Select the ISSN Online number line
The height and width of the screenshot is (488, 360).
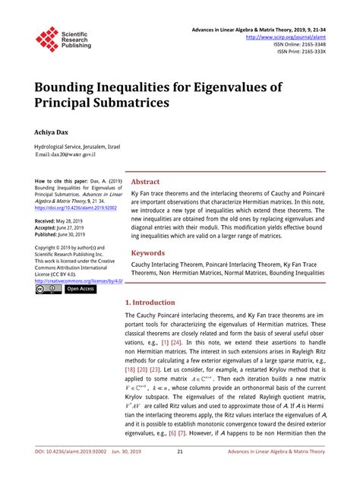pyautogui.click(x=309, y=45)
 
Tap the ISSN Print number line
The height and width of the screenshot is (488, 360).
pyautogui.click(x=312, y=52)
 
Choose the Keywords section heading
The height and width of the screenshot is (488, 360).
pyautogui.click(x=148, y=252)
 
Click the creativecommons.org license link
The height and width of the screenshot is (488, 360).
pyautogui.click(x=74, y=280)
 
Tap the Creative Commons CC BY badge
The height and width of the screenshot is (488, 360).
pyautogui.click(x=47, y=289)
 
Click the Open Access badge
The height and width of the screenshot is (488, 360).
pyautogui.click(x=81, y=289)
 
